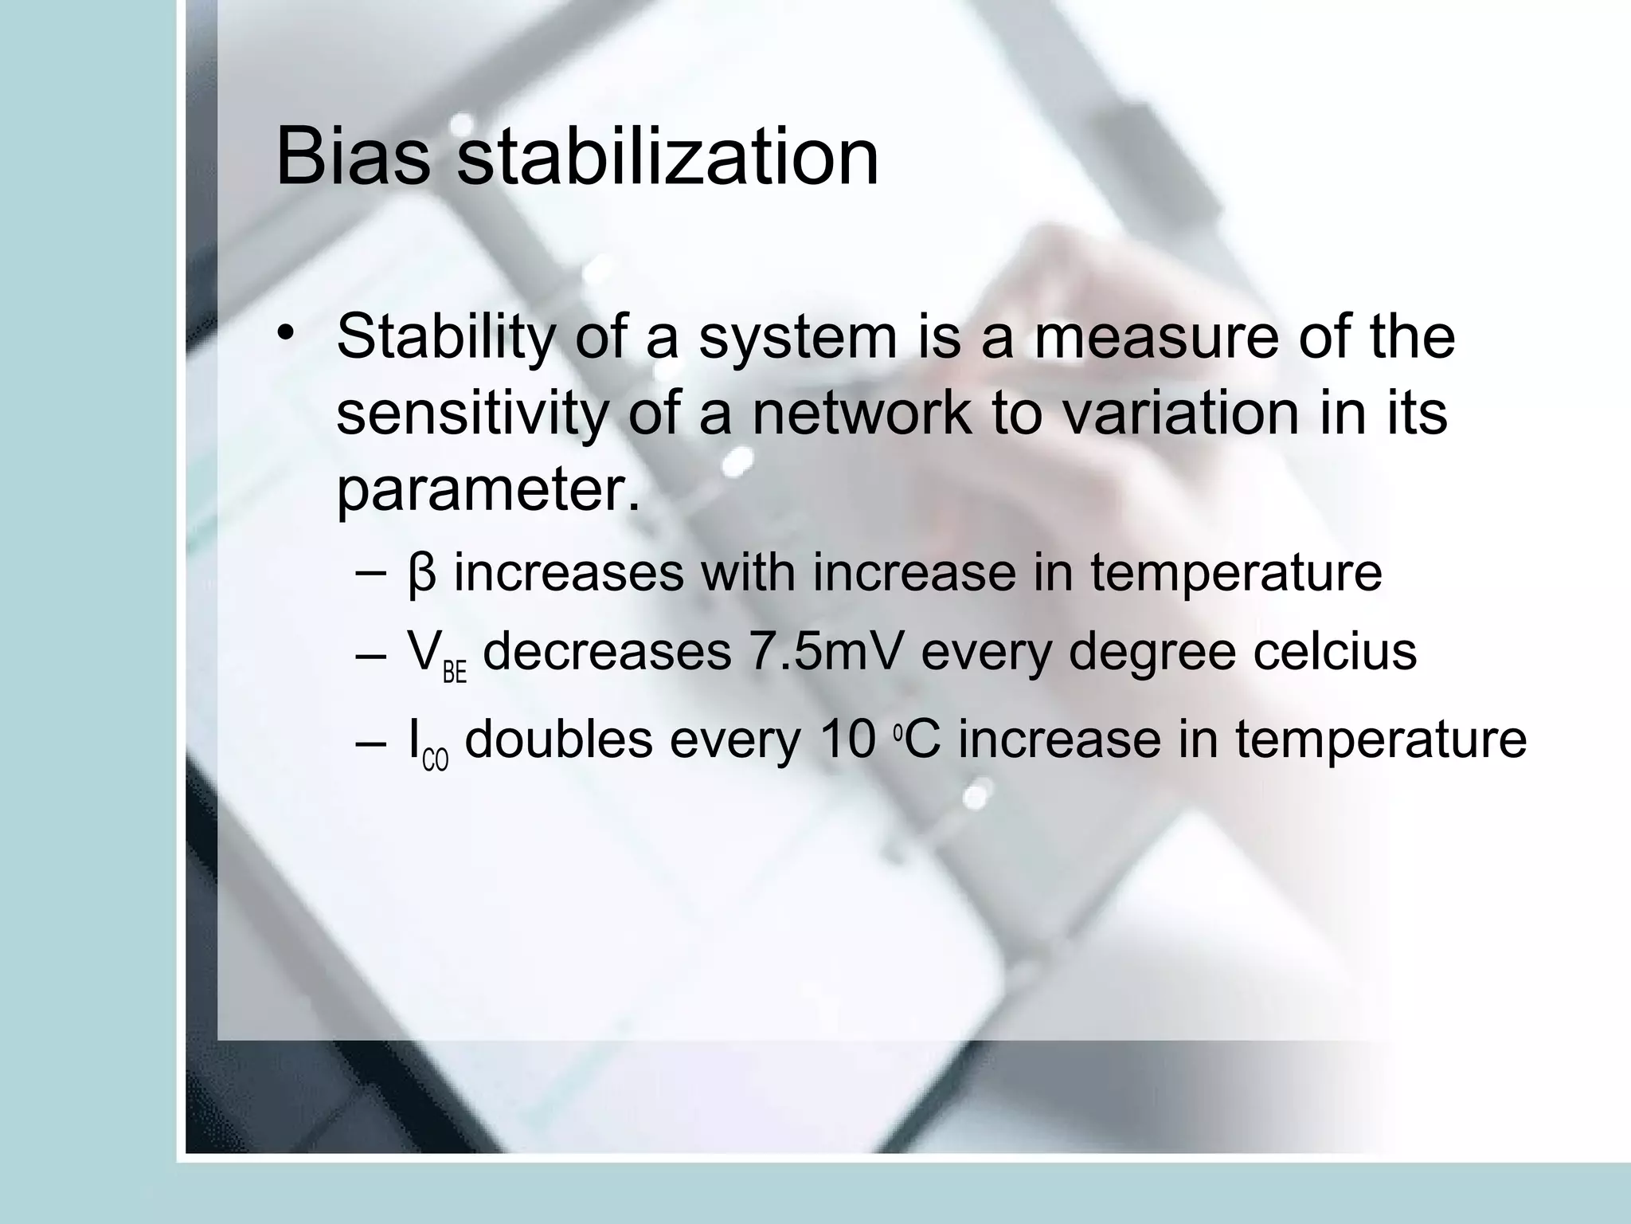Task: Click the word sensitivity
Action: [473, 414]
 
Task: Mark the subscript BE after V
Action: [454, 673]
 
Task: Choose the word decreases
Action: [607, 653]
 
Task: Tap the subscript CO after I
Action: [435, 760]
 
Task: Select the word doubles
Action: [558, 739]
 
